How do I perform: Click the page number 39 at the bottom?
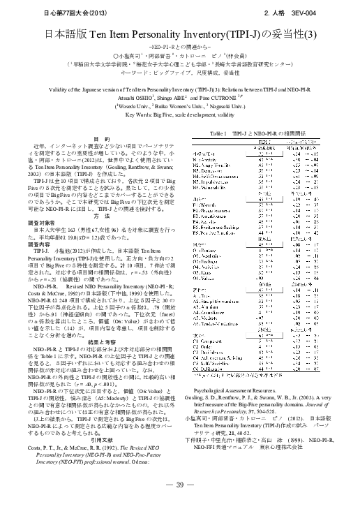[x=179, y=485]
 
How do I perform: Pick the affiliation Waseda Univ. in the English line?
[x=140, y=106]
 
